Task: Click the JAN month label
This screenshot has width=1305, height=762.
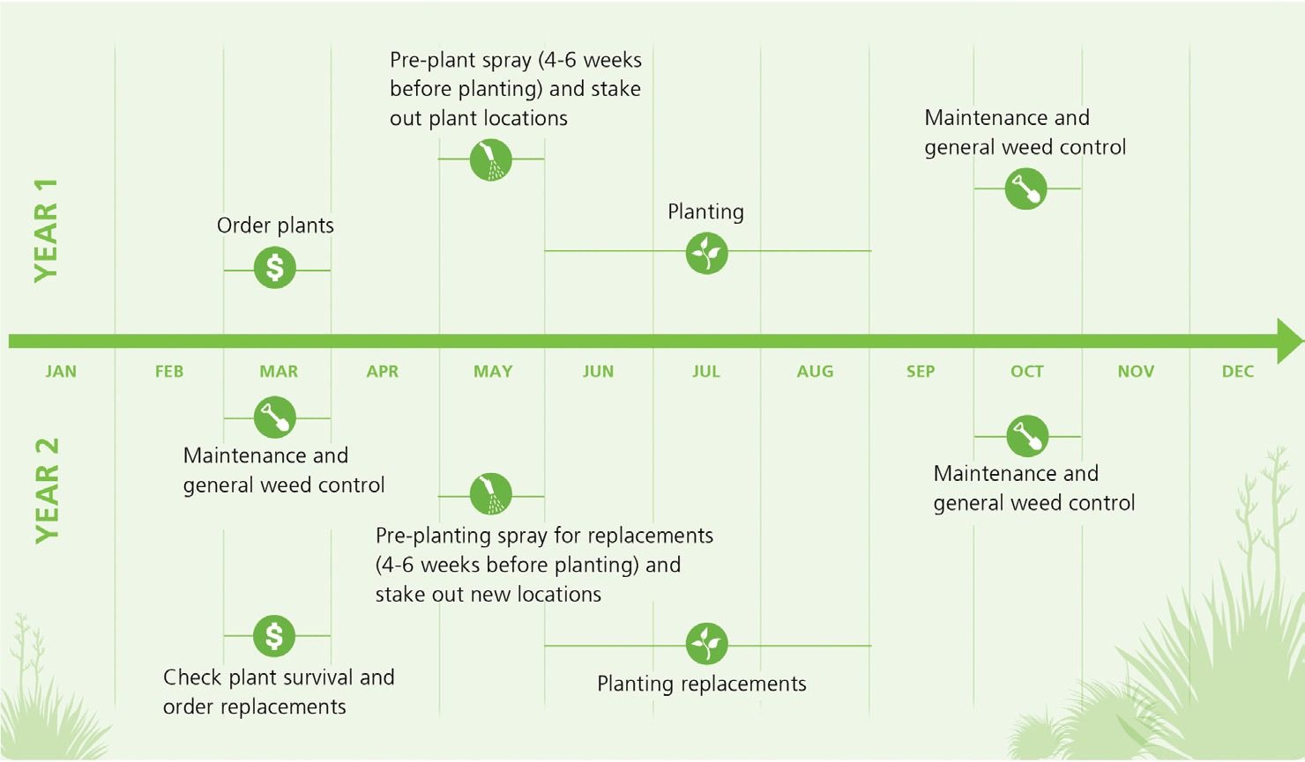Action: (61, 372)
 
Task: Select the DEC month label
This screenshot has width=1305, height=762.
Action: (1237, 372)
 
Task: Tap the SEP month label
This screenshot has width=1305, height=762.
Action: (921, 372)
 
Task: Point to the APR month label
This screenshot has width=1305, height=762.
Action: (382, 372)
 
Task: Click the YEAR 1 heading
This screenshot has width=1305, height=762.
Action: (47, 231)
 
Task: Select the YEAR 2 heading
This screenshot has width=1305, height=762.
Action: (47, 491)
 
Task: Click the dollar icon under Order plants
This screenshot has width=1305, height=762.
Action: (275, 268)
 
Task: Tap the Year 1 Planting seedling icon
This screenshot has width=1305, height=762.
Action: (706, 253)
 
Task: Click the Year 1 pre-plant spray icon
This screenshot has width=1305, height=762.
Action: (491, 159)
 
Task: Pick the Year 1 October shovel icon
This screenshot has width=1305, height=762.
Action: (1026, 189)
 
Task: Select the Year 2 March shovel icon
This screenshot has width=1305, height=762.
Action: (275, 418)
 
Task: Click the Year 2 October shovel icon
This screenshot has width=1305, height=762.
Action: (1027, 436)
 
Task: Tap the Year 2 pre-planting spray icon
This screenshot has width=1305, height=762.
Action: (491, 494)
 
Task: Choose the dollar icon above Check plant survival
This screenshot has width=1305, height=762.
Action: (274, 636)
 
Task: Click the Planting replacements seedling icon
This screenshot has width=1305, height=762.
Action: (706, 644)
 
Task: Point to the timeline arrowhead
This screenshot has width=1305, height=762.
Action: (1290, 341)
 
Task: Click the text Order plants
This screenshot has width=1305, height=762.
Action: (275, 226)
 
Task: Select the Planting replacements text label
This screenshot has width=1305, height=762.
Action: (702, 684)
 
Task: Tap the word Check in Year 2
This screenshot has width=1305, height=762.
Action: (192, 677)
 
